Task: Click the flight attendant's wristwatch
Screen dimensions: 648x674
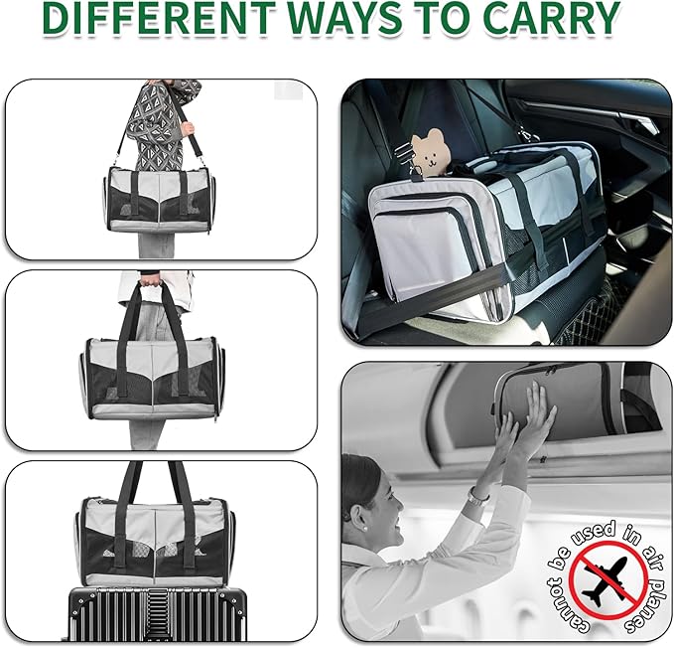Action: pos(479,494)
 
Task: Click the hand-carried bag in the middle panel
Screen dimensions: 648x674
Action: pos(152,368)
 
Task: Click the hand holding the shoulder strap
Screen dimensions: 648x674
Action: pos(187,128)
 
